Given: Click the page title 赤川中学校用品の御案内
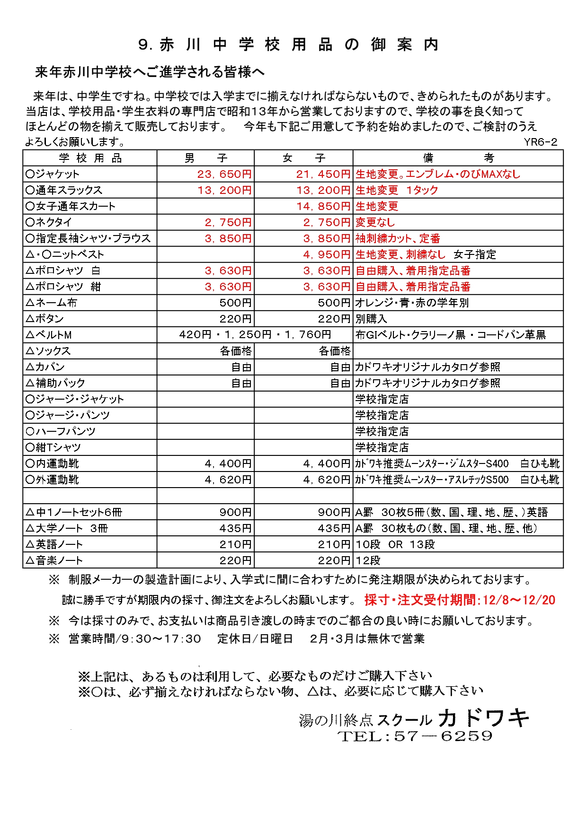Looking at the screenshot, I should tap(289, 44).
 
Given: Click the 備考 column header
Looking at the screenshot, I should tap(458, 158).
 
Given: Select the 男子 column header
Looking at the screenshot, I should tap(206, 158).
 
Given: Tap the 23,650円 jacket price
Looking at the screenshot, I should tap(224, 174).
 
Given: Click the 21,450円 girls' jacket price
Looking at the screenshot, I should tap(323, 174).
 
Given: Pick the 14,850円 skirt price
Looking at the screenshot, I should tap(323, 206).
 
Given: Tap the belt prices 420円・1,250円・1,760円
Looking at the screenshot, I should tap(255, 335).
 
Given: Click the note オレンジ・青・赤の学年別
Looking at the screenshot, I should tap(412, 303).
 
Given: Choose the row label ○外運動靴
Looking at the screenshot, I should tap(53, 480).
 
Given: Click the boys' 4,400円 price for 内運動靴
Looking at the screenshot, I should tap(228, 463).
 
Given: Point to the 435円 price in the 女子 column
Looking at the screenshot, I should tap(334, 528).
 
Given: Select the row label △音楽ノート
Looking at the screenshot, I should tap(54, 560).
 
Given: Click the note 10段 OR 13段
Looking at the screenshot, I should tap(395, 544).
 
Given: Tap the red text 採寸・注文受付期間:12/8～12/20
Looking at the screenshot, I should tap(459, 600).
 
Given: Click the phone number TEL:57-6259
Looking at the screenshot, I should tap(415, 736).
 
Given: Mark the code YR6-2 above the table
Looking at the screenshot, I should tap(540, 142).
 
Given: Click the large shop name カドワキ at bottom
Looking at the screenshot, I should tap(484, 718).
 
